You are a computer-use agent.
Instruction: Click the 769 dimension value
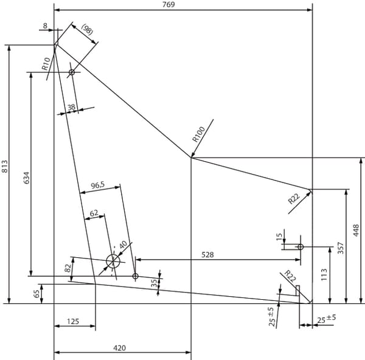coord(169,4)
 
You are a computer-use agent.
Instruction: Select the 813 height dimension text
coord(5,167)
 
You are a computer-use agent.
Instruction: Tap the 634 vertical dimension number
coord(27,178)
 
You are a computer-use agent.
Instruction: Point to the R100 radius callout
coord(198,134)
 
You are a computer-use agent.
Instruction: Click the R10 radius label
coord(46,64)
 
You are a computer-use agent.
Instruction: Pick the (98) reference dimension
coord(88,30)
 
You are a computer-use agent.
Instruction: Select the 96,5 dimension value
coord(98,185)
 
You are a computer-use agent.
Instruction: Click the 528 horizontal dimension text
coord(207,255)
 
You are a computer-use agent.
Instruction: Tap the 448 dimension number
coord(356,230)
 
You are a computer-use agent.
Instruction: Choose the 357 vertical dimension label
coord(341,248)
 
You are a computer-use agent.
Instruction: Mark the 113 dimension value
coord(324,275)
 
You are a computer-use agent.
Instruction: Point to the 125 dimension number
coord(73,321)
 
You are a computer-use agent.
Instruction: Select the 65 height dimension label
coord(36,294)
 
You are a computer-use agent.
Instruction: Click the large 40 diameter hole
coord(113,254)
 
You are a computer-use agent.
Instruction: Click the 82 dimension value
coord(68,268)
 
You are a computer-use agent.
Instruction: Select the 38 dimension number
coord(71,107)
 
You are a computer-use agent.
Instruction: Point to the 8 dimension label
coord(45,26)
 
